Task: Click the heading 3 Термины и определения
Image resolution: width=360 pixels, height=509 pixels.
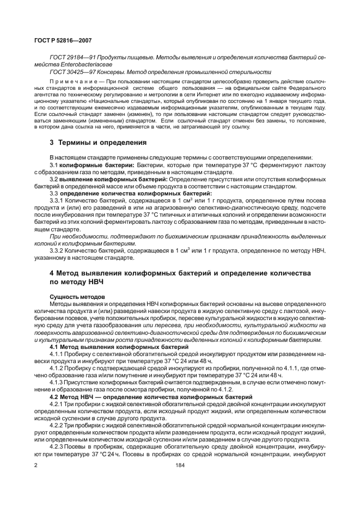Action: (99, 143)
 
